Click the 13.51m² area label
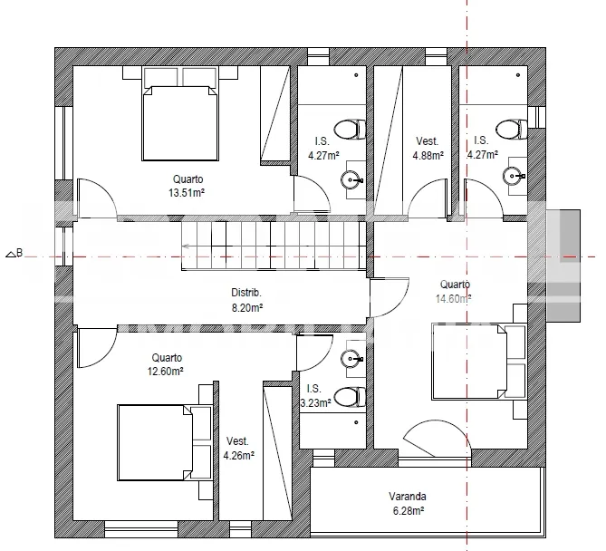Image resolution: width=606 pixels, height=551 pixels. (187, 192)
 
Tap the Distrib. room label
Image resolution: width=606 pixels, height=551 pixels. (246, 293)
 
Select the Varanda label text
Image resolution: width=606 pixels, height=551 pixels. (408, 496)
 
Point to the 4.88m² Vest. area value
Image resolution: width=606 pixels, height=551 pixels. (428, 156)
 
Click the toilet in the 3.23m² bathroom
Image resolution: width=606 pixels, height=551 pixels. (351, 397)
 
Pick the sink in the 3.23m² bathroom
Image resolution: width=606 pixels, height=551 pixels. (351, 359)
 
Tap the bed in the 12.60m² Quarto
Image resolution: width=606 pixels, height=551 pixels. (165, 443)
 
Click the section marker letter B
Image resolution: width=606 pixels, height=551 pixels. (20, 253)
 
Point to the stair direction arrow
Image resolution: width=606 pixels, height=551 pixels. (186, 246)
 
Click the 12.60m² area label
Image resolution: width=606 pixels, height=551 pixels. (166, 372)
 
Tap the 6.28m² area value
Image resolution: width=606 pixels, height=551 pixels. (409, 511)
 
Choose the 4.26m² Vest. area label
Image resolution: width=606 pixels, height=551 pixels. (239, 456)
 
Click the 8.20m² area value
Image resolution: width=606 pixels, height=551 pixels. (247, 308)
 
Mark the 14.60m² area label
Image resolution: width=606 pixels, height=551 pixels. (453, 299)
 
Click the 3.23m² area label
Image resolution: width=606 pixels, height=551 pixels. (316, 403)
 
